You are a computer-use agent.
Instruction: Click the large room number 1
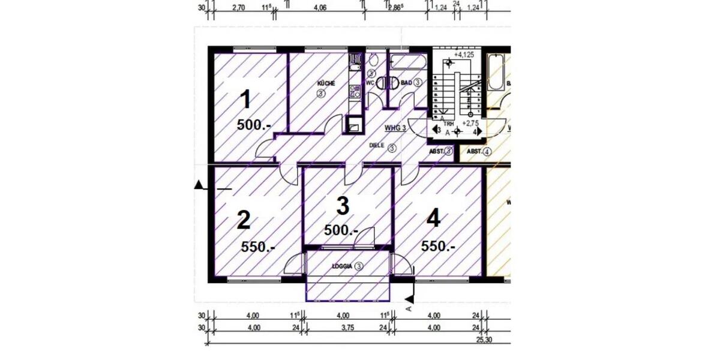245,100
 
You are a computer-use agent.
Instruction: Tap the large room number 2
243,221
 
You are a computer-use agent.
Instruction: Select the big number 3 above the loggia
342,206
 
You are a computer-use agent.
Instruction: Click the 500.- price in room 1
254,125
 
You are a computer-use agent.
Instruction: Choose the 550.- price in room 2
259,246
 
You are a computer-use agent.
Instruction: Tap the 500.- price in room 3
341,230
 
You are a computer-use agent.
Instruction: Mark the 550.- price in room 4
438,246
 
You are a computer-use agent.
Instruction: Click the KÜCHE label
326,83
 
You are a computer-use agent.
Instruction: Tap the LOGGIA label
342,266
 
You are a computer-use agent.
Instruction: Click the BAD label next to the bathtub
406,83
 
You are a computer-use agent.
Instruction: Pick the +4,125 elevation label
464,55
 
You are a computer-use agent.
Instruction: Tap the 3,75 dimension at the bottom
342,328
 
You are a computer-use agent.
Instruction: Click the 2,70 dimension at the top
238,8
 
